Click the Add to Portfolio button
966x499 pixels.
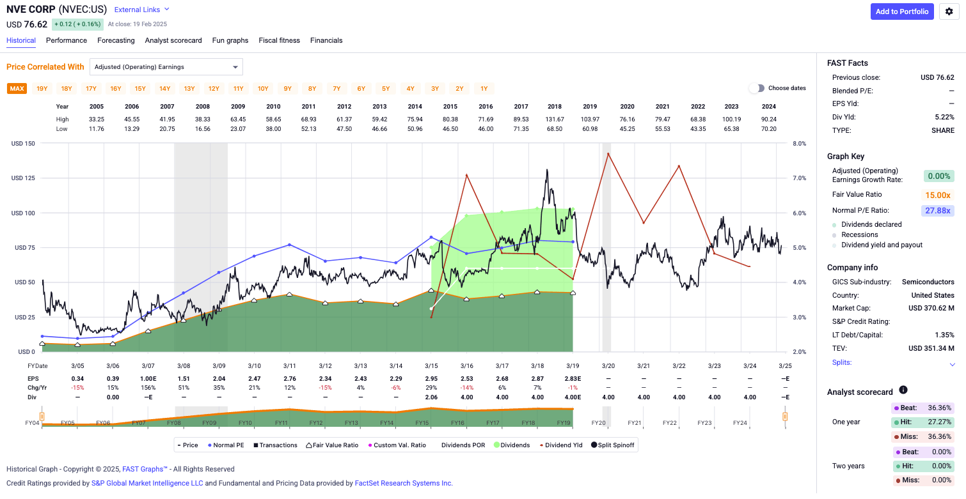click(x=902, y=12)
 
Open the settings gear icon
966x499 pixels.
click(x=949, y=12)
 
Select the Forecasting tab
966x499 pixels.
click(x=116, y=40)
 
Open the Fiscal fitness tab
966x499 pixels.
click(x=279, y=40)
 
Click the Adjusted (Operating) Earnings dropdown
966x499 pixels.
click(x=166, y=66)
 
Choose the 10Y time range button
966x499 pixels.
click(x=263, y=89)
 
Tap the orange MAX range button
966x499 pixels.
click(x=17, y=89)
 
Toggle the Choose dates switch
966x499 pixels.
click(x=757, y=88)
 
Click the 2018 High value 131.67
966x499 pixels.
click(x=554, y=119)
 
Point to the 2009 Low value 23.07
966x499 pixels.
click(x=238, y=129)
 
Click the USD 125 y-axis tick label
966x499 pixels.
click(x=23, y=178)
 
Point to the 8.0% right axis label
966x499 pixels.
click(x=800, y=144)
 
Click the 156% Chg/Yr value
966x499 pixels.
click(x=148, y=388)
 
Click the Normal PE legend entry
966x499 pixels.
click(x=226, y=445)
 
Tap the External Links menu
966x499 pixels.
click(x=141, y=10)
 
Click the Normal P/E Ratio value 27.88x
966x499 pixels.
click(x=938, y=210)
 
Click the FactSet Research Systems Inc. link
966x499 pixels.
click(x=404, y=483)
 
